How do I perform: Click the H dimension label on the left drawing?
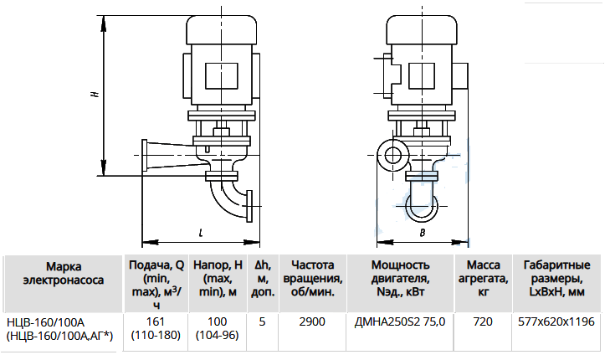95,94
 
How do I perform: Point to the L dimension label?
201,233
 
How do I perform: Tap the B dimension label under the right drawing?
423,233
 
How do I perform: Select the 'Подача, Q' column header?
156,284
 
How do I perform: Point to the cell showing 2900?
312,321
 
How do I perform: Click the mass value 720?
483,321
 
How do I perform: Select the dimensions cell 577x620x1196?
556,321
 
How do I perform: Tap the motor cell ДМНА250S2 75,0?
400,321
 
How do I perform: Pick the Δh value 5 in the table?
262,321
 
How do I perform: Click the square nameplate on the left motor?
222,75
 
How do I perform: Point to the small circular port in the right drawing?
393,155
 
